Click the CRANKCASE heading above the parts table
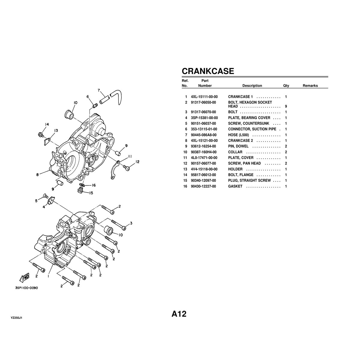(x=208, y=71)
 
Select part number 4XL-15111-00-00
(x=204, y=97)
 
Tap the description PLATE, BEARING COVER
(x=249, y=118)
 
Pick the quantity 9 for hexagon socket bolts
(x=286, y=106)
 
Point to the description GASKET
(x=235, y=187)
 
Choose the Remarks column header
(x=310, y=86)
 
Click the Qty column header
(x=286, y=86)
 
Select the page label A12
(x=179, y=314)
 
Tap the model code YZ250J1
(x=16, y=317)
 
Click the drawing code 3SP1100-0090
(x=27, y=287)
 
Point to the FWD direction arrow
(x=24, y=278)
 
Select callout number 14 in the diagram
(x=47, y=124)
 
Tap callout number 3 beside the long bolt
(x=131, y=223)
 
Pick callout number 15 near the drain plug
(x=91, y=193)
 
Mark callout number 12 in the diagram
(x=137, y=162)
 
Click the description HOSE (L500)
(x=238, y=135)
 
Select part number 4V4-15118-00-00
(x=204, y=169)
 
